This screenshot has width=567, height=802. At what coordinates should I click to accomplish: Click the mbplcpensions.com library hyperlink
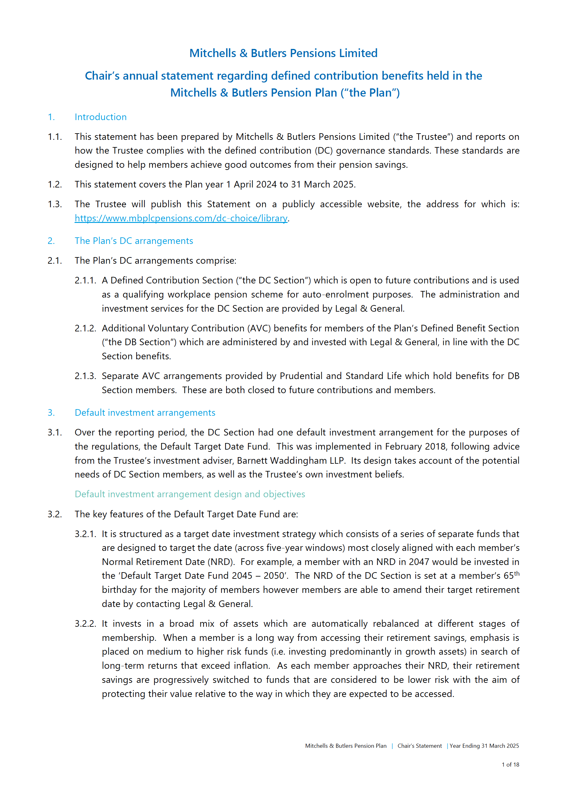pyautogui.click(x=181, y=219)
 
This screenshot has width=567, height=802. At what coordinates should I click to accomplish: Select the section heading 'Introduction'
pyautogui.click(x=101, y=117)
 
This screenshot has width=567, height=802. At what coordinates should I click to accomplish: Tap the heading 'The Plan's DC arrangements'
pyautogui.click(x=134, y=241)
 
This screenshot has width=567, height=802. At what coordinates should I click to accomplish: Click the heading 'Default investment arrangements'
pyautogui.click(x=145, y=413)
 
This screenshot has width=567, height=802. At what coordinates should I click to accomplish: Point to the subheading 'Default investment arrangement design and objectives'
pyautogui.click(x=190, y=494)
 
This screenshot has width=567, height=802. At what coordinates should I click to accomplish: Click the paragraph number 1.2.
pyautogui.click(x=55, y=185)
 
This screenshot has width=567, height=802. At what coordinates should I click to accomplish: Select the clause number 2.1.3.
pyautogui.click(x=85, y=376)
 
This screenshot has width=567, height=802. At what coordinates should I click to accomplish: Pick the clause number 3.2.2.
pyautogui.click(x=85, y=624)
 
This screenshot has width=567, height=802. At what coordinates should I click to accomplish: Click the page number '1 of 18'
pyautogui.click(x=510, y=765)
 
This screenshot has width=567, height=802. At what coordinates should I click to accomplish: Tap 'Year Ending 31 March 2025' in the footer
pyautogui.click(x=484, y=746)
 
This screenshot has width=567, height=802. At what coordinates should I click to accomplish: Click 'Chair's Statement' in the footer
pyautogui.click(x=419, y=746)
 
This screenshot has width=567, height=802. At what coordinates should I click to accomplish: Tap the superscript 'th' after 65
pyautogui.click(x=517, y=573)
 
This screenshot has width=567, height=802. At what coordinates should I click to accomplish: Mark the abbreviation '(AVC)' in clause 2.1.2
pyautogui.click(x=259, y=329)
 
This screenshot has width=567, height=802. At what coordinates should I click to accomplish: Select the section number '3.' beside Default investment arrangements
pyautogui.click(x=51, y=413)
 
